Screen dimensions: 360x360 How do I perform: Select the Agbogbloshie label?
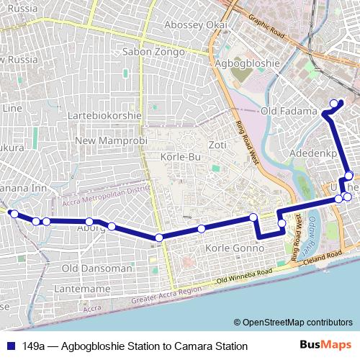click(x=247, y=63)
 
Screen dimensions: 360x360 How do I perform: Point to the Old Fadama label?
click(x=288, y=112)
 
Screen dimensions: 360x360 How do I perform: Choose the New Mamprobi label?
click(x=105, y=140)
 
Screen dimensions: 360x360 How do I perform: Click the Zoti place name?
click(x=217, y=145)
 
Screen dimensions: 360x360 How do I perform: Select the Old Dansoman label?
click(x=96, y=268)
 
